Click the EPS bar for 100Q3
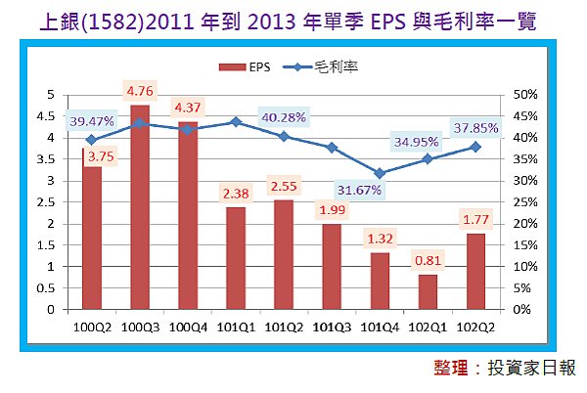click(140, 210)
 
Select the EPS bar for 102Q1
click(428, 291)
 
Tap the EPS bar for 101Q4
click(380, 281)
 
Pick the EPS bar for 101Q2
click(284, 254)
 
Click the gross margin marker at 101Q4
click(380, 173)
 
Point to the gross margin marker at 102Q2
click(475, 147)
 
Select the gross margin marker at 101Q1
click(236, 121)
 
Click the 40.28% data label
click(284, 117)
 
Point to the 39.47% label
click(92, 121)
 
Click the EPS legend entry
click(239, 67)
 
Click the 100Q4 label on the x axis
click(188, 327)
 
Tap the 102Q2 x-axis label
click(475, 327)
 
